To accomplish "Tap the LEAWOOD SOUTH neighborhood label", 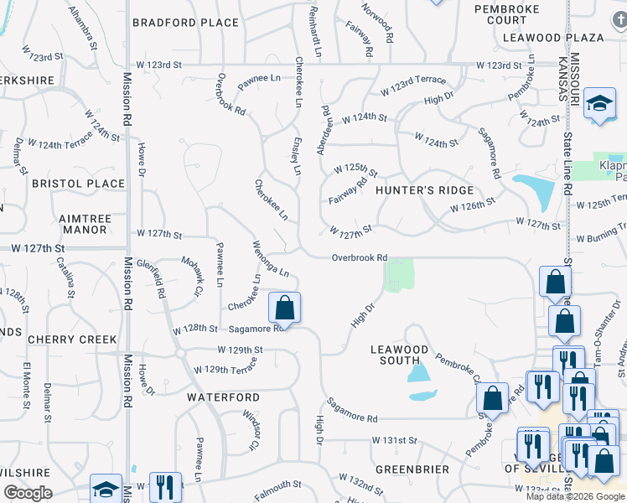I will tap(400, 355).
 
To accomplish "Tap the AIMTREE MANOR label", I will tap(85, 224).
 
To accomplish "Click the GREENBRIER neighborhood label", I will tap(412, 469).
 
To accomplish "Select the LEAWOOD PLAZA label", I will tap(553, 38).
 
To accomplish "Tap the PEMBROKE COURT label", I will tap(500, 14).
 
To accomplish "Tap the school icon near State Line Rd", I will tap(599, 104).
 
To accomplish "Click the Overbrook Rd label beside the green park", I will tap(359, 258).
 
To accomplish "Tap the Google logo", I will tap(27, 493).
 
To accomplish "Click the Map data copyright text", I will tap(575, 496).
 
